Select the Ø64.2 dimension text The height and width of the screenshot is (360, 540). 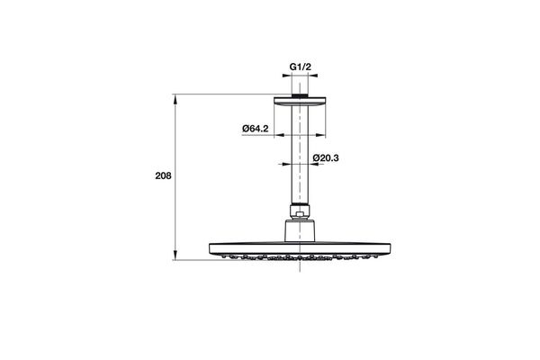point(256,129)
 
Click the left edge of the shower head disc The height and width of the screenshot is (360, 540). point(211,247)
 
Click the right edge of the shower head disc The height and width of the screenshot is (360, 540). point(391,247)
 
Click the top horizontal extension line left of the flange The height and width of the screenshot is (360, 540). point(225,93)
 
